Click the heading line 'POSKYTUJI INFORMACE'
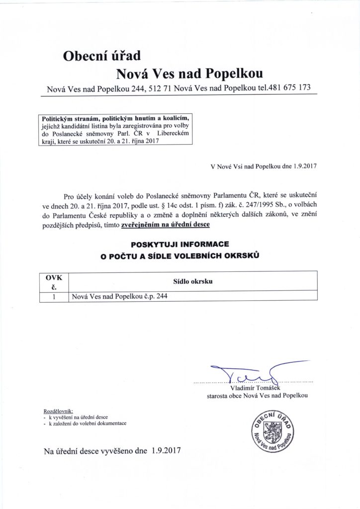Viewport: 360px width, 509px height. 180,246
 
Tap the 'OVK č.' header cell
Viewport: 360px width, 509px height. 54,281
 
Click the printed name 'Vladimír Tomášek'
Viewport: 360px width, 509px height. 256,388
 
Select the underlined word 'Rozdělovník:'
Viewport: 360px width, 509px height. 59,411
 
